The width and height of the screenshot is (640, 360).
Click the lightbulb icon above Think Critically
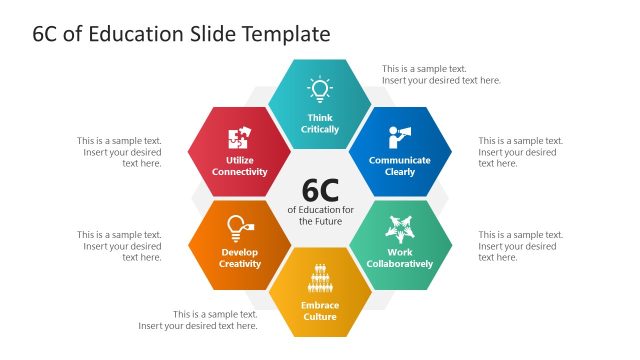click(319, 88)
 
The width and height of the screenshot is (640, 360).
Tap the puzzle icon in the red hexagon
click(240, 137)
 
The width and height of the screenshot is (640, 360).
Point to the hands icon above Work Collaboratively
click(400, 230)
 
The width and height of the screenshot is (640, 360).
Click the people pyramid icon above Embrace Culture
click(320, 275)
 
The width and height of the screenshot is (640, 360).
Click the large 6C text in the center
click(320, 189)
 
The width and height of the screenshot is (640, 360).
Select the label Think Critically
click(320, 123)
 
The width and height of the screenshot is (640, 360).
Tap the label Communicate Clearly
click(400, 165)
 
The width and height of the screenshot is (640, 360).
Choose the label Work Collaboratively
click(400, 258)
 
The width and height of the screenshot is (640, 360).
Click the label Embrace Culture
click(320, 310)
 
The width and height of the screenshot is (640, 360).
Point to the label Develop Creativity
click(240, 258)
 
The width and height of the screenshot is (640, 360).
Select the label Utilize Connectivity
click(240, 165)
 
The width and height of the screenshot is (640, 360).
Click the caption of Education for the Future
click(320, 215)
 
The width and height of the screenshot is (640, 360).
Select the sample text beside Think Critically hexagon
click(441, 74)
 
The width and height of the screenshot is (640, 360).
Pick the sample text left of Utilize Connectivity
click(120, 152)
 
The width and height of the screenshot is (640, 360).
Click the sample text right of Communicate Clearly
click(520, 152)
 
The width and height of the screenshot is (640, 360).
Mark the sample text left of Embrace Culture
click(198, 319)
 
